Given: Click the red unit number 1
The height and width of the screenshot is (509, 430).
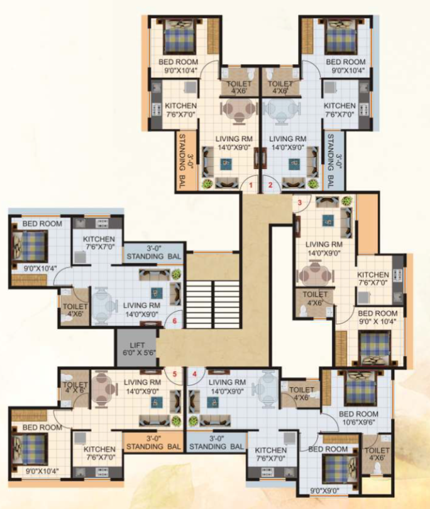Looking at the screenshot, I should (x=250, y=185).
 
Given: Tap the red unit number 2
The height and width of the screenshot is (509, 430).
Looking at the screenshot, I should (x=270, y=185).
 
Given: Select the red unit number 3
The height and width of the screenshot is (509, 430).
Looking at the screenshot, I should (x=300, y=202).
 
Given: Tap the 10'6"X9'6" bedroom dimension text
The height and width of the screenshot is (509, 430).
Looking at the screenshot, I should (x=358, y=423).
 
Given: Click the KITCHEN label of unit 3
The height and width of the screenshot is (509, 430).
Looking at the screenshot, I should (x=373, y=275).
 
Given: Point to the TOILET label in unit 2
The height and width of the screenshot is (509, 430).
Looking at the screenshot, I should (x=280, y=87).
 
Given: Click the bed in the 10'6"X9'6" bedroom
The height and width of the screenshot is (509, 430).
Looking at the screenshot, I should (x=360, y=384).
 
